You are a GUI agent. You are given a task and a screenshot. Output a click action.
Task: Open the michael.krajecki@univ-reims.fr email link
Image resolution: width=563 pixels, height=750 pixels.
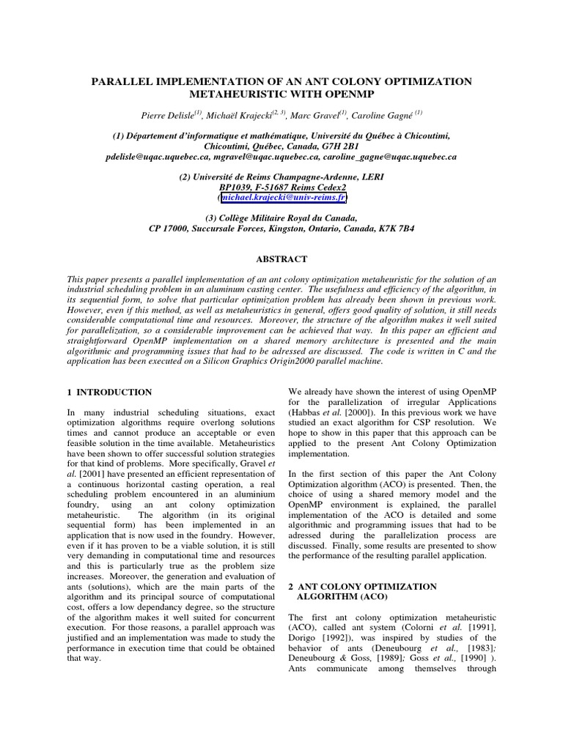[282, 198]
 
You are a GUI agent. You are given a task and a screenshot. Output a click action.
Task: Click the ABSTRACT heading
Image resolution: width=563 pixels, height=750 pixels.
[281, 259]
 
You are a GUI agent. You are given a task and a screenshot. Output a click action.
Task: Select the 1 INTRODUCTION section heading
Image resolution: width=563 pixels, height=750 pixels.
[109, 393]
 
